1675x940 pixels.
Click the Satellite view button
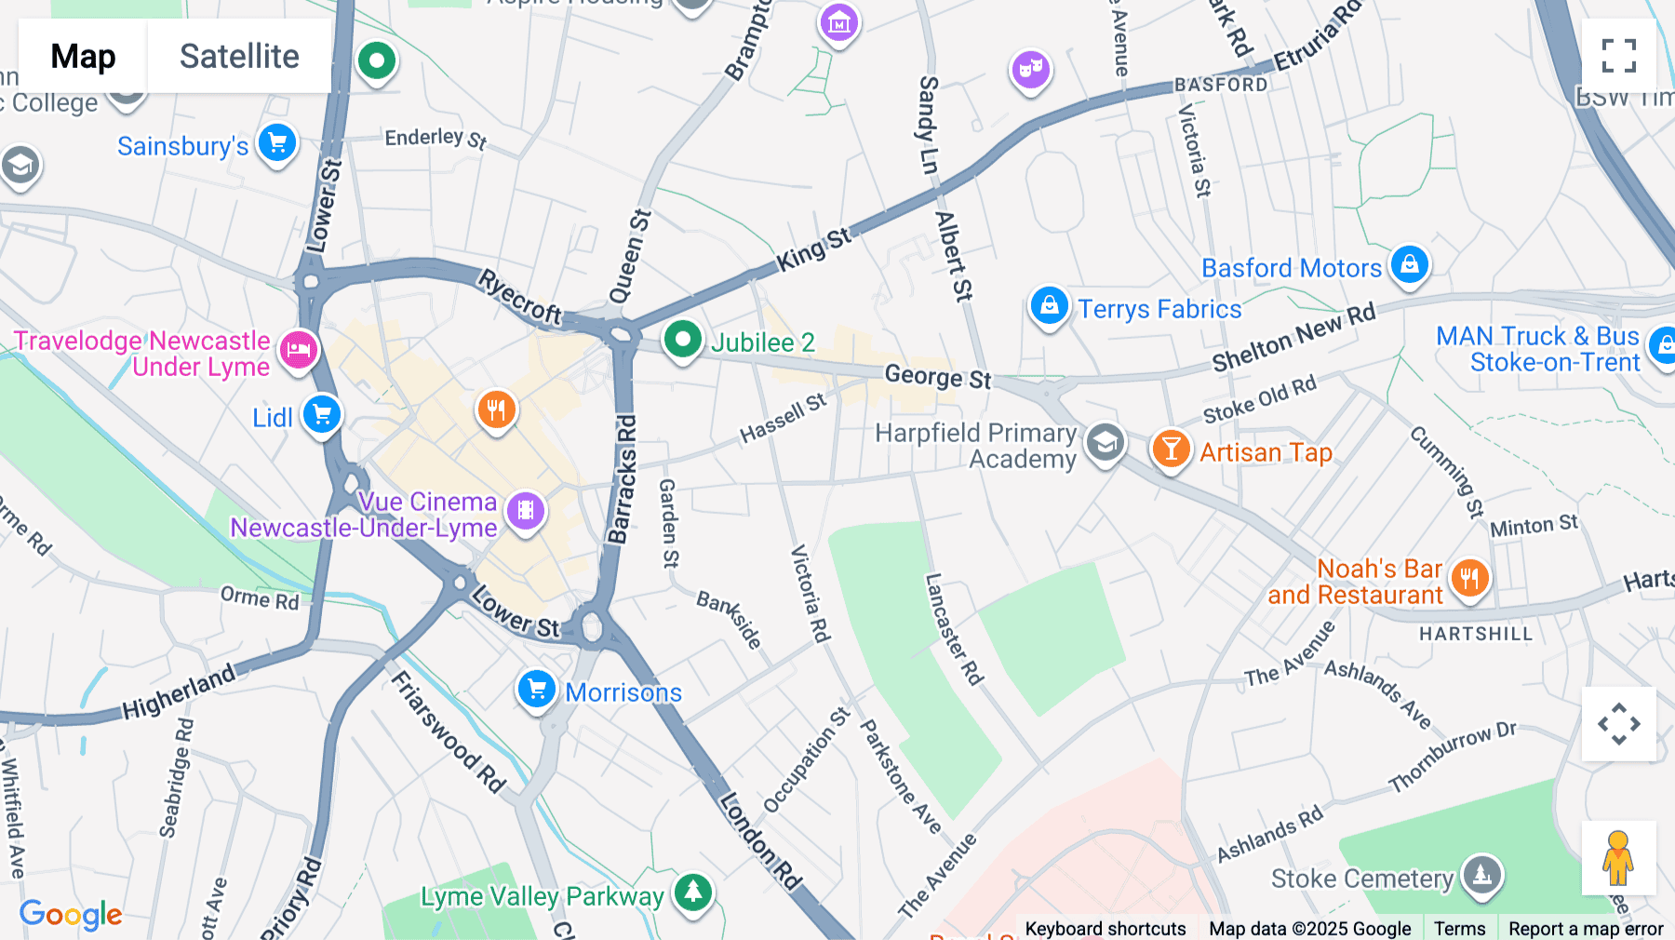[239, 56]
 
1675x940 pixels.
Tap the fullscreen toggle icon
[1618, 56]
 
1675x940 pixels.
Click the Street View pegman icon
[1618, 857]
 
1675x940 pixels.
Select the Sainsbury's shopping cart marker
[277, 143]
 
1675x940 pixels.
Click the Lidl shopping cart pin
[322, 414]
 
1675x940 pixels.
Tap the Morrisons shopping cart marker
[537, 690]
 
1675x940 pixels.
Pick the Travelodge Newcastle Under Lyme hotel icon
[298, 350]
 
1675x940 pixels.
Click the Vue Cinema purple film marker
[526, 510]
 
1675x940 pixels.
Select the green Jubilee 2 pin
[682, 340]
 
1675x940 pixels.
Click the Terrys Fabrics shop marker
[1049, 305]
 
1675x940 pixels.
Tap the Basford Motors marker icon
[1409, 264]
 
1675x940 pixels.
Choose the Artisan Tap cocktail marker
[1171, 450]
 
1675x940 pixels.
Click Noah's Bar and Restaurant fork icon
[1469, 578]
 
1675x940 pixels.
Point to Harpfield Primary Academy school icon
[1105, 443]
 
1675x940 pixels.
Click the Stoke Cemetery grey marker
[1481, 874]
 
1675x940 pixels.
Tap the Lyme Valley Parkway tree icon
[692, 893]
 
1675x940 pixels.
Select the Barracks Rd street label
[623, 480]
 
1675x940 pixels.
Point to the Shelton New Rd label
[1293, 338]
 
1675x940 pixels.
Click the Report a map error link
[1585, 929]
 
